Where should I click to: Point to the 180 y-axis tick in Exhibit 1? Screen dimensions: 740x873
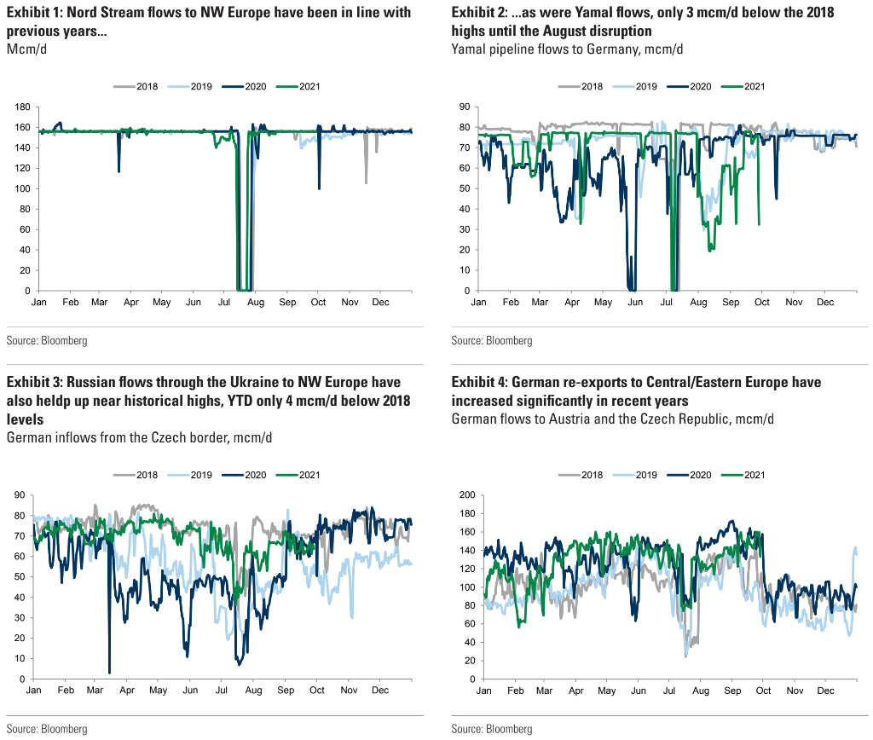pyautogui.click(x=23, y=107)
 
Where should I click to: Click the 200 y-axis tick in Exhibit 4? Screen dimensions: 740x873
pyautogui.click(x=466, y=494)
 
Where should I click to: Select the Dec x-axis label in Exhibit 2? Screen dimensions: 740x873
pyautogui.click(x=825, y=302)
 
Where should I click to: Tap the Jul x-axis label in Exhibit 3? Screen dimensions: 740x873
pyautogui.click(x=223, y=690)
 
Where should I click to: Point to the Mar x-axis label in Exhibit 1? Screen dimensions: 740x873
pyautogui.click(x=101, y=302)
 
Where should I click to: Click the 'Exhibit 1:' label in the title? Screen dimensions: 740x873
pyautogui.click(x=38, y=13)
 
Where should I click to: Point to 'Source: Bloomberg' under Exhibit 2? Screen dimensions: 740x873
pyautogui.click(x=492, y=341)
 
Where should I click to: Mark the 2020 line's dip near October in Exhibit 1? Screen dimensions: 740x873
pyautogui.click(x=319, y=188)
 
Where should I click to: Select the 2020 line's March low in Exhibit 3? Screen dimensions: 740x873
pyautogui.click(x=109, y=672)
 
